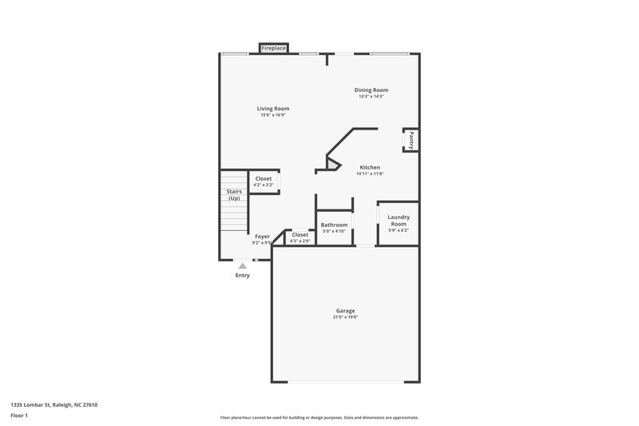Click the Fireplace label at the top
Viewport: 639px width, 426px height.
tap(274, 49)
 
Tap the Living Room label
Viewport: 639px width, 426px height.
tap(273, 109)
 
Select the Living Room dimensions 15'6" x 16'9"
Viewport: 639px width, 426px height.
tap(273, 115)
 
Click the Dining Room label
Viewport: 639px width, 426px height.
tap(371, 90)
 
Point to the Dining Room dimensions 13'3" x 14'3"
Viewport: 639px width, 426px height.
tap(371, 97)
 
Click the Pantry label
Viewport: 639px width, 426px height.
tap(411, 141)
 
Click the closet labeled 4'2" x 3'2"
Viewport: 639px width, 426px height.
tap(263, 181)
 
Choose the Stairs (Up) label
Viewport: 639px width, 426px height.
tap(234, 195)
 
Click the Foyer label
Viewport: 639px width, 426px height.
tap(262, 237)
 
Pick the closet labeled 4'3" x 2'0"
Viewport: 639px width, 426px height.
tap(300, 237)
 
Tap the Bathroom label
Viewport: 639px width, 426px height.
tap(334, 225)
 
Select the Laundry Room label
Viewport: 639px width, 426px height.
tap(399, 221)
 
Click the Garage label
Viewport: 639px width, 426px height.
tap(345, 311)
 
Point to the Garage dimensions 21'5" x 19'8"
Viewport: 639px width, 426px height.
tap(345, 317)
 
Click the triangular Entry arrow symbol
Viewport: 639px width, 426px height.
tap(242, 266)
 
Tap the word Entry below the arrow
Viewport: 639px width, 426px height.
tap(242, 276)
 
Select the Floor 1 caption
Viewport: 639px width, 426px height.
tap(20, 416)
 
